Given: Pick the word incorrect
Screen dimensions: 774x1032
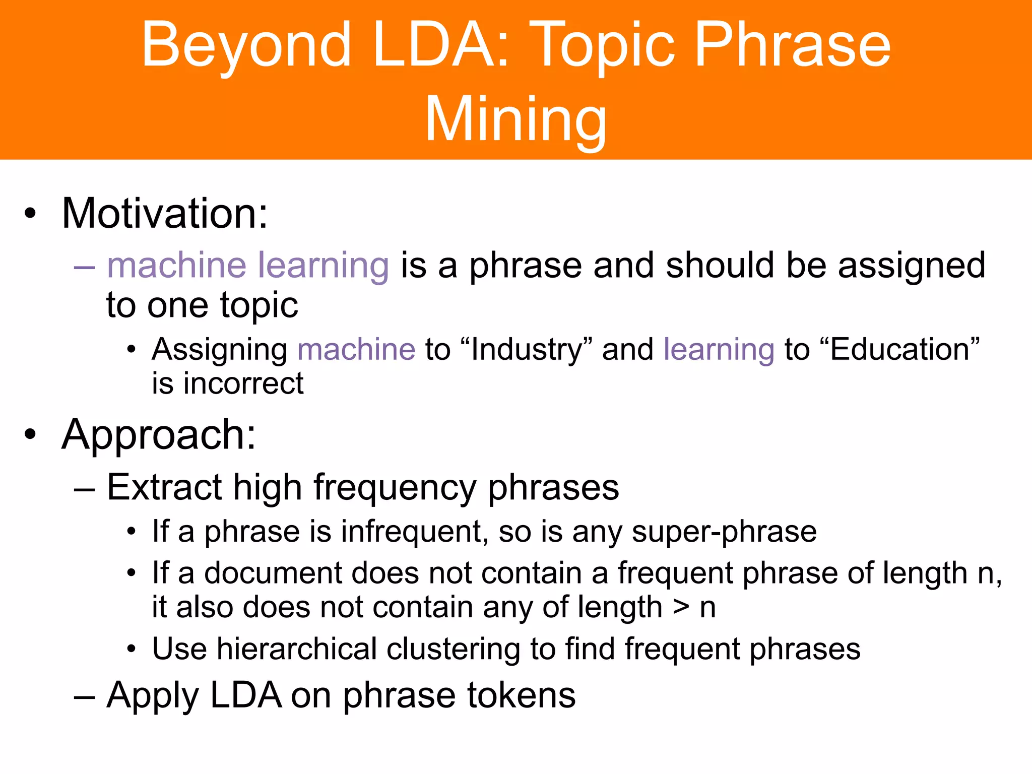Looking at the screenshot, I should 243,383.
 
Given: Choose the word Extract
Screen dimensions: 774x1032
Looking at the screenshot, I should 164,487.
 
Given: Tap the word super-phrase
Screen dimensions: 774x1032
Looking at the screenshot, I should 724,532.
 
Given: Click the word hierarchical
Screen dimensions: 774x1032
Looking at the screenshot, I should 297,649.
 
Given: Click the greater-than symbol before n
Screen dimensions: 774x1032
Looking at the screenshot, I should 681,608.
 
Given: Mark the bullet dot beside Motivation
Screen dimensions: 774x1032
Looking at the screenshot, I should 30,214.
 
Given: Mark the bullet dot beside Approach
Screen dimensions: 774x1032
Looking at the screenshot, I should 30,434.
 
